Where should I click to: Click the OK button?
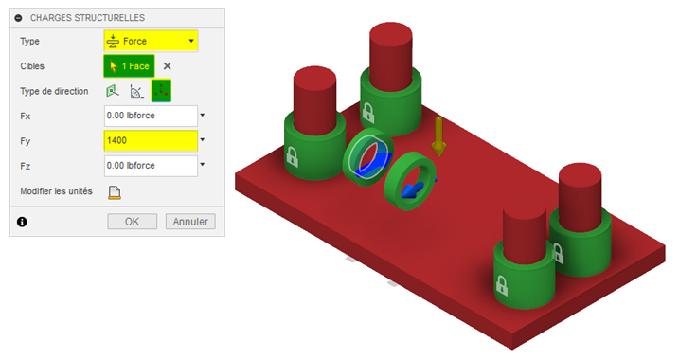tap(132, 222)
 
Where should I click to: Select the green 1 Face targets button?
tap(129, 66)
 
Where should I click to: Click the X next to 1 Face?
tap(168, 66)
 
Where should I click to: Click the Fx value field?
tap(151, 116)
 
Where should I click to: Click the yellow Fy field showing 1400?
tap(151, 141)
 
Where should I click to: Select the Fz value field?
tap(151, 166)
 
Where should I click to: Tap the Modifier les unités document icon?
tap(115, 192)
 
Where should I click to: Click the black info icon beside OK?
tap(22, 222)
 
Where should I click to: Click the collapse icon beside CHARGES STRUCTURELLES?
tap(18, 18)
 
